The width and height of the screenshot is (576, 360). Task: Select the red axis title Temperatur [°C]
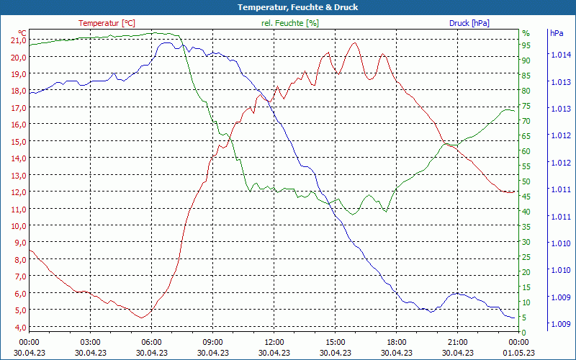click(107, 23)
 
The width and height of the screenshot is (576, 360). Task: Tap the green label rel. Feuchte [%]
click(289, 23)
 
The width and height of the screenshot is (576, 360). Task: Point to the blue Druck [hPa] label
click(469, 23)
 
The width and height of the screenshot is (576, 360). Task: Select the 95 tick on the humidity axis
click(526, 45)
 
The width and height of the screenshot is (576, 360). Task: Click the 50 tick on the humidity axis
click(526, 181)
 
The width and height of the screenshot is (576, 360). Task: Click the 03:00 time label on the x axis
click(90, 342)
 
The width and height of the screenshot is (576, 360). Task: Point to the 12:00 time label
click(274, 342)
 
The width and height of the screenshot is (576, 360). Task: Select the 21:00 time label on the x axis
click(457, 342)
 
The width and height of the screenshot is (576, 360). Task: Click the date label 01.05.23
click(519, 353)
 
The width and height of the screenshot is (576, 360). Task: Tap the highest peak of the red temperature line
click(354, 42)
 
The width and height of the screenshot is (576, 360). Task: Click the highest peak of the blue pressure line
click(165, 42)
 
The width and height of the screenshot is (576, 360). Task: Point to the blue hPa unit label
click(557, 33)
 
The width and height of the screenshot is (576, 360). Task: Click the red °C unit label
click(22, 33)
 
